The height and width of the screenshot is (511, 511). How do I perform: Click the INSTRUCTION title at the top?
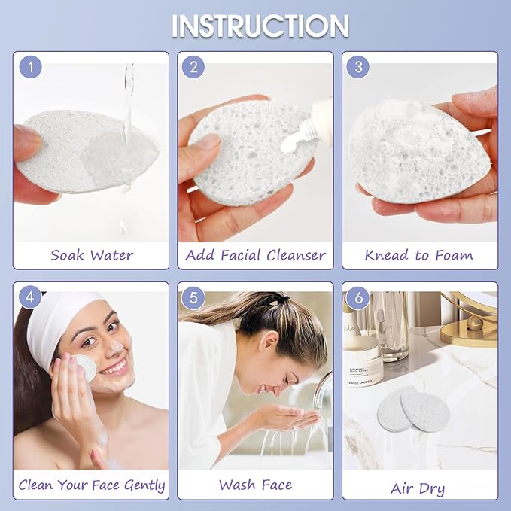(260, 26)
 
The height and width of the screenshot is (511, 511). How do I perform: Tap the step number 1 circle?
(31, 67)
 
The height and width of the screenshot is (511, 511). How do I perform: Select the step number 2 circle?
(193, 67)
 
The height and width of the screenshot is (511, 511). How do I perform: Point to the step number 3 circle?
(358, 67)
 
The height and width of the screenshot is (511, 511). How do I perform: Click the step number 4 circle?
(31, 297)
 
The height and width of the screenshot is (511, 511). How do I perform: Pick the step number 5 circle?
(193, 297)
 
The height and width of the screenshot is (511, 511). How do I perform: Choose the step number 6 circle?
(358, 297)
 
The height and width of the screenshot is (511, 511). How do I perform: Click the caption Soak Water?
(92, 255)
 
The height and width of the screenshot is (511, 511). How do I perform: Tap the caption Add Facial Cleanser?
(256, 255)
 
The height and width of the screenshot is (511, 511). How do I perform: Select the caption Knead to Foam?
(418, 255)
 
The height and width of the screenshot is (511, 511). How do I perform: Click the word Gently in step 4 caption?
(144, 485)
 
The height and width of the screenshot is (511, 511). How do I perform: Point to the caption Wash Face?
(256, 485)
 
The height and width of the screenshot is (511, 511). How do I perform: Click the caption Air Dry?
(418, 488)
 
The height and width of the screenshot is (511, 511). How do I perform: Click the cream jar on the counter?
(363, 361)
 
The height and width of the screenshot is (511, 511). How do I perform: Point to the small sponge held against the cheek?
(86, 368)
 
